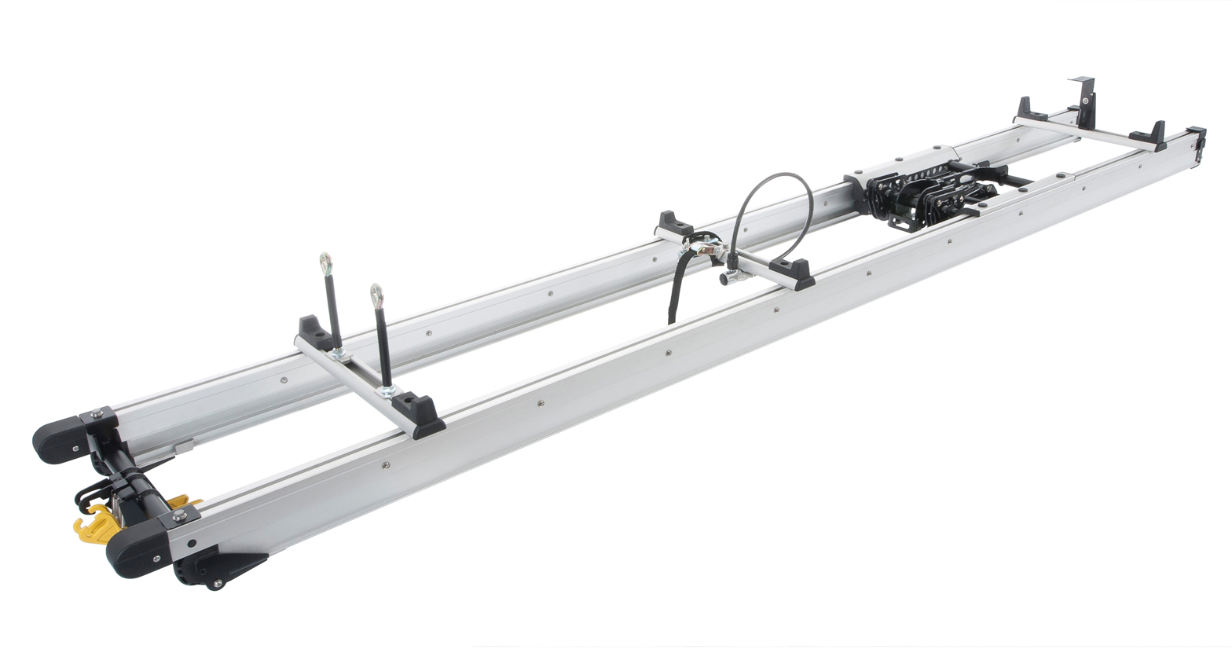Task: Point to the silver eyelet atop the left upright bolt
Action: [x=324, y=262]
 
